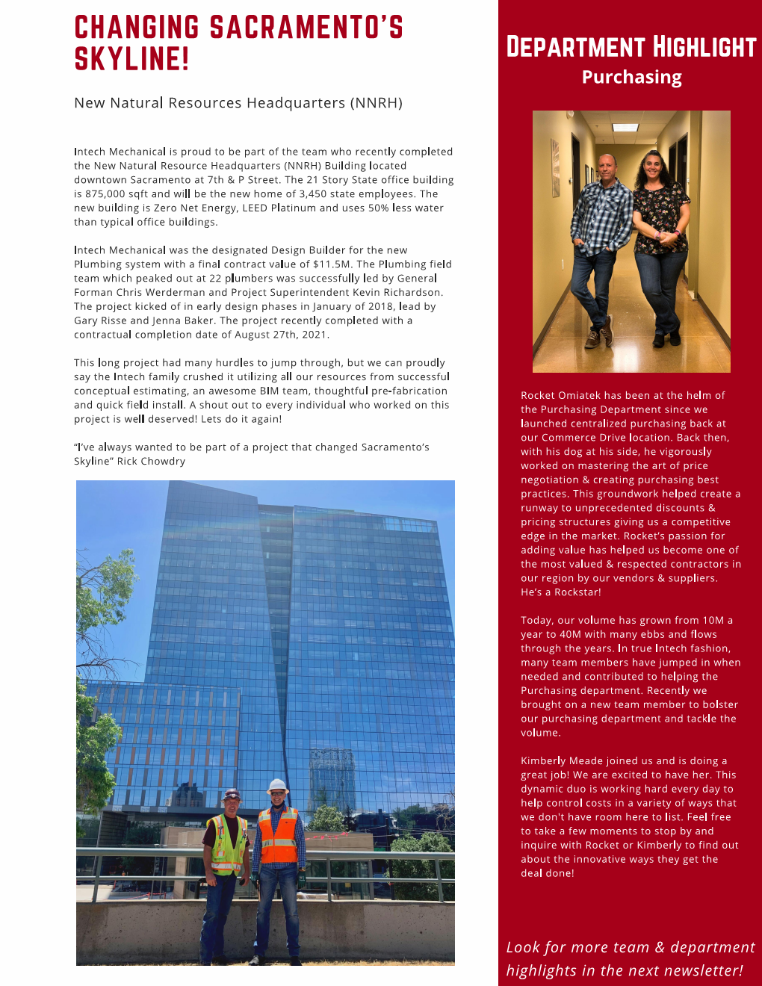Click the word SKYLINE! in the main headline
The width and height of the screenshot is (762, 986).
point(131,59)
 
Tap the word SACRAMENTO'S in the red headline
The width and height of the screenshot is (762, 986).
point(306,28)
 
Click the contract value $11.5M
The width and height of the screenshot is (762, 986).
point(332,264)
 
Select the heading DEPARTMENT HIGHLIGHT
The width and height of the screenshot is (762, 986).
point(631,47)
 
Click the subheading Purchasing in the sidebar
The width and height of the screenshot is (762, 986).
point(631,78)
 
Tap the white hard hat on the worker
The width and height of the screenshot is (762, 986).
point(278,786)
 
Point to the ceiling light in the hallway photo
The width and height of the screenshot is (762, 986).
point(625,128)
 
